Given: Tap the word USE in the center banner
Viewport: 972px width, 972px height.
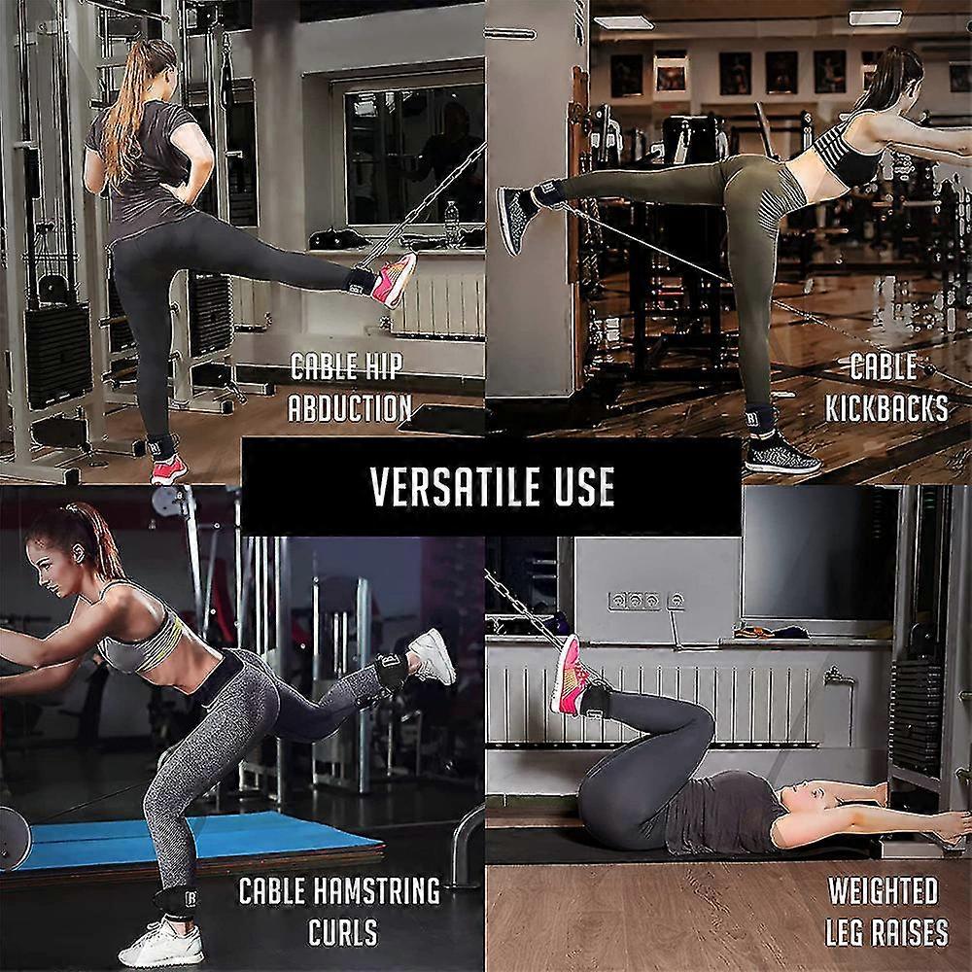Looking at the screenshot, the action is click(584, 486).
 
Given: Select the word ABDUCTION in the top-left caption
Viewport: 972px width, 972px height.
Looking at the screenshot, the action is click(350, 408).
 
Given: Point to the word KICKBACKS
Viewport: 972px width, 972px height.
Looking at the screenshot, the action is click(886, 408).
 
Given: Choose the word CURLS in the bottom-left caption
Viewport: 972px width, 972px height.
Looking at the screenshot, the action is click(343, 932).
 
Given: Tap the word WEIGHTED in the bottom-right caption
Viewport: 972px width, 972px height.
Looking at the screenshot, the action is click(883, 890).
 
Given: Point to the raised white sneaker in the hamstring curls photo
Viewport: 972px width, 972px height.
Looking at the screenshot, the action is click(433, 656).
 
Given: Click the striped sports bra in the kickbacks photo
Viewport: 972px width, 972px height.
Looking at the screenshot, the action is click(842, 152).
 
